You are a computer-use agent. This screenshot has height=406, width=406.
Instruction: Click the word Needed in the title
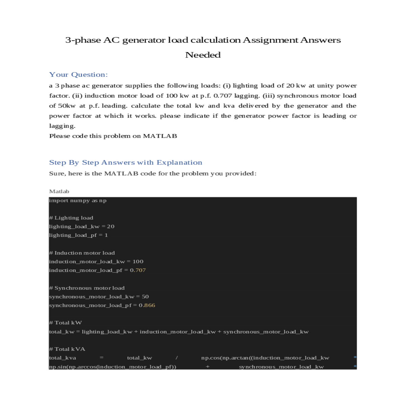pyautogui.click(x=203, y=55)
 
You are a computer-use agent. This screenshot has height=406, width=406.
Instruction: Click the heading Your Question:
pyautogui.click(x=78, y=74)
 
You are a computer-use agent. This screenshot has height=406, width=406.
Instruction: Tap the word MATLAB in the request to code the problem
pyautogui.click(x=160, y=136)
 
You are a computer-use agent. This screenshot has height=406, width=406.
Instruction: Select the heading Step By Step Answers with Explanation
pyautogui.click(x=126, y=162)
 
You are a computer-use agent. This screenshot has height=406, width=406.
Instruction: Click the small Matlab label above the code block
pyautogui.click(x=59, y=191)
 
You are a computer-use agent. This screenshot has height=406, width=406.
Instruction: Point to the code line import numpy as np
pyautogui.click(x=78, y=201)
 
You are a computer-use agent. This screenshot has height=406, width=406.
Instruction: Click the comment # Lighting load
pyautogui.click(x=71, y=218)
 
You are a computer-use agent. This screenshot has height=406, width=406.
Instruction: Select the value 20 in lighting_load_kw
pyautogui.click(x=111, y=227)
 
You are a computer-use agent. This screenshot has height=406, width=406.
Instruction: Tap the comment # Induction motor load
pyautogui.click(x=82, y=253)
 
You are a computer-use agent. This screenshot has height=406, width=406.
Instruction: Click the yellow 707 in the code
pyautogui.click(x=140, y=270)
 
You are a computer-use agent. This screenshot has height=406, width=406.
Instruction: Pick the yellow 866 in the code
pyautogui.click(x=150, y=305)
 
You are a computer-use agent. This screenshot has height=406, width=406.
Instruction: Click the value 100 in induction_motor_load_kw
pyautogui.click(x=138, y=262)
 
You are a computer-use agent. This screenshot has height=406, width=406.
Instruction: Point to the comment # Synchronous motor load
pyautogui.click(x=87, y=288)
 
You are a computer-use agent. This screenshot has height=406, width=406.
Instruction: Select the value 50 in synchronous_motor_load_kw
pyautogui.click(x=145, y=297)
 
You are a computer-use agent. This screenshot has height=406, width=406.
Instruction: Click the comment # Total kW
pyautogui.click(x=65, y=323)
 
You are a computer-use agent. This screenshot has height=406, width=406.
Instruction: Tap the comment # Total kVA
pyautogui.click(x=67, y=349)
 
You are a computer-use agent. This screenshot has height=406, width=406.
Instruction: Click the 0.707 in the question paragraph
pyautogui.click(x=223, y=96)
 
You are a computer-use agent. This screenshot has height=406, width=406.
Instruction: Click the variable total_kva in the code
pyautogui.click(x=63, y=358)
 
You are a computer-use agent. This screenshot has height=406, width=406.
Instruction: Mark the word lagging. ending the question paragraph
pyautogui.click(x=62, y=126)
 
